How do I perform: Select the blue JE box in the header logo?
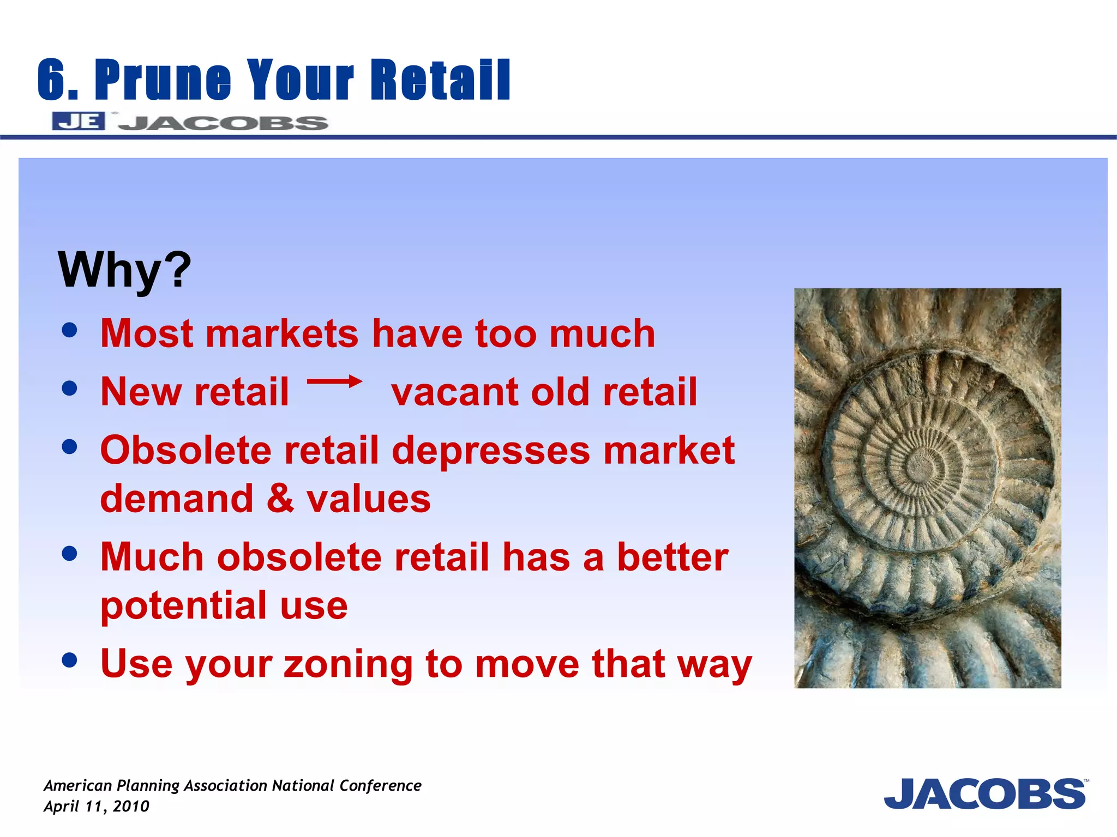[x=79, y=121]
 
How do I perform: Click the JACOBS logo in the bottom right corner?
[x=985, y=794]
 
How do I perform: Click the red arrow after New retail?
[x=334, y=381]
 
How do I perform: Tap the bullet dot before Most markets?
[x=69, y=330]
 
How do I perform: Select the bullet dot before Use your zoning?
[x=69, y=660]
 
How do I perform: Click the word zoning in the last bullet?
[x=348, y=665]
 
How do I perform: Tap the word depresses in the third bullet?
[x=491, y=451]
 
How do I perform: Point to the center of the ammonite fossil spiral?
[x=921, y=465]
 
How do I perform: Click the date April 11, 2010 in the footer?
[x=97, y=806]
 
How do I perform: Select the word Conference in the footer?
[x=380, y=786]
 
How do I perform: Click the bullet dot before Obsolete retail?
[x=69, y=447]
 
